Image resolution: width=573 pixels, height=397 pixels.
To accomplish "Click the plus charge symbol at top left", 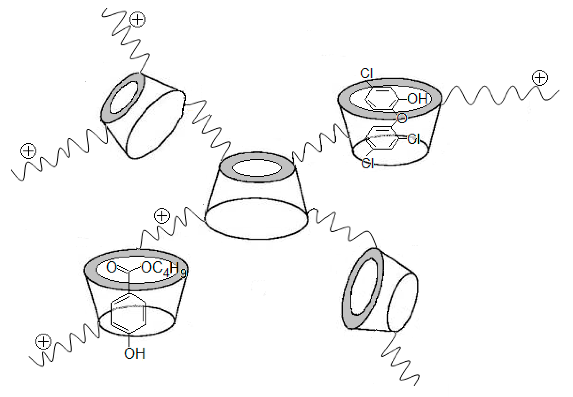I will point(138,19).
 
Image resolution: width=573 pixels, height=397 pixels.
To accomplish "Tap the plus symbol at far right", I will point(540,78).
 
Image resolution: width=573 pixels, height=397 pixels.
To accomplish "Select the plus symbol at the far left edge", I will point(28,151).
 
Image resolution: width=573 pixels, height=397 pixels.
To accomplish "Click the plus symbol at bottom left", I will point(43,342).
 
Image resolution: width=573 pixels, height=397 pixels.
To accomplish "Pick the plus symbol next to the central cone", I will point(162,216).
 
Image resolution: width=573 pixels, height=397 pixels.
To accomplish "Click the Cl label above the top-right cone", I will point(367,73).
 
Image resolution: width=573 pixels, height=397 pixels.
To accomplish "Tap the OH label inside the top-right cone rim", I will point(417,99).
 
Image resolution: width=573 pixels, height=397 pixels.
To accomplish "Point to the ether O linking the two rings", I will point(402,118).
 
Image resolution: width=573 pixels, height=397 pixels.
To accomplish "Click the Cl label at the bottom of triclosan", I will point(367,164).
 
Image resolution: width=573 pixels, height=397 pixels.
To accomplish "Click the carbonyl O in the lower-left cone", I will point(111,267).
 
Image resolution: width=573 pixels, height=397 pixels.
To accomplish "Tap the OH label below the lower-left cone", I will point(134,354).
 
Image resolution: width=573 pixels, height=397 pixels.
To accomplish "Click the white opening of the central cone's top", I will point(257,168).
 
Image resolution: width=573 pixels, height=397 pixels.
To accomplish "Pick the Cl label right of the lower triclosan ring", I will point(414,139).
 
